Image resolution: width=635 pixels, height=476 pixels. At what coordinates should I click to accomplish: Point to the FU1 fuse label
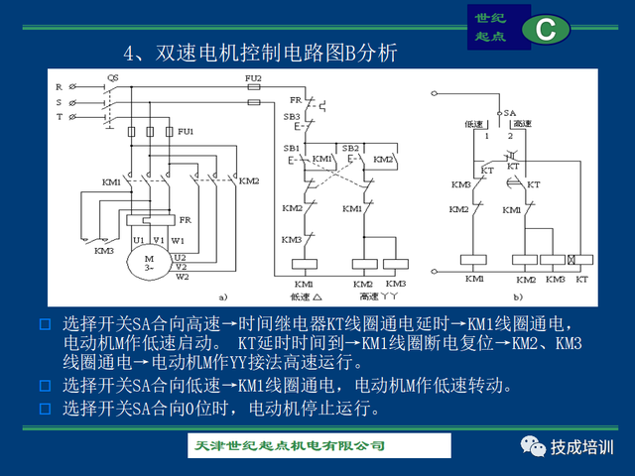(186, 131)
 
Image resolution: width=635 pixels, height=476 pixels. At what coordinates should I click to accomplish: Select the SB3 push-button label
(292, 117)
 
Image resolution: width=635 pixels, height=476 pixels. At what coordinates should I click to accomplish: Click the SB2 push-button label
(350, 148)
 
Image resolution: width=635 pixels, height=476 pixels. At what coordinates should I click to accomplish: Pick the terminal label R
(59, 87)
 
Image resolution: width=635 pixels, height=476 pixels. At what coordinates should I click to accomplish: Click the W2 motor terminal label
(182, 277)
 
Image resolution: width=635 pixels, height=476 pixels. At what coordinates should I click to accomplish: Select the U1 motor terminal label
(139, 239)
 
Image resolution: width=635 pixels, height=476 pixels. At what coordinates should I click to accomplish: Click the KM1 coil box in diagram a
(303, 263)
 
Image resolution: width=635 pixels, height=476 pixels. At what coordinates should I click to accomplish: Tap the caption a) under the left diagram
(224, 296)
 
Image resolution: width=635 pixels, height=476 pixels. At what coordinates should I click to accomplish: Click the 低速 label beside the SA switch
(475, 124)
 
